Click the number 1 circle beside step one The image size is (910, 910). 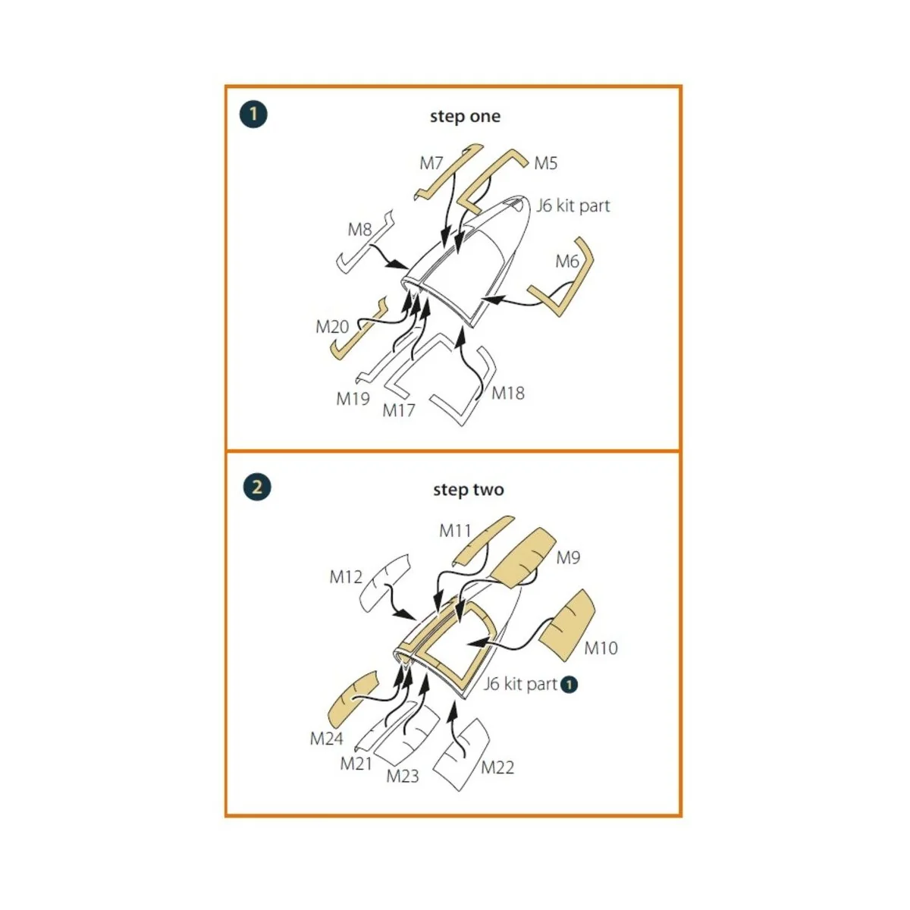coord(253,115)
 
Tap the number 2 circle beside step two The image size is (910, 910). coord(257,487)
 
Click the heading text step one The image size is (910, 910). coord(465,116)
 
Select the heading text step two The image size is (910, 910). coord(469,490)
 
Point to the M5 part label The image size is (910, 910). coord(545,163)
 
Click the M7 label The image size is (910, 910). coord(431,163)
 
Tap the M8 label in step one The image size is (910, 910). coord(360,230)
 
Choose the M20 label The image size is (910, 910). coord(332,326)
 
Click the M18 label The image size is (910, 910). coord(507,393)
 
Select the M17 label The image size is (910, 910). coord(399,410)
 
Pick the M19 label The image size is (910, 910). coord(353,399)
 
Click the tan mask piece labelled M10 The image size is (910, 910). coord(566,624)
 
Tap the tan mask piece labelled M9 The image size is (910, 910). coord(522,557)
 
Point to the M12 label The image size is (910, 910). coord(346,576)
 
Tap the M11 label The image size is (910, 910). coord(455,531)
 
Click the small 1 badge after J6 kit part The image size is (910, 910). coord(569,684)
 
